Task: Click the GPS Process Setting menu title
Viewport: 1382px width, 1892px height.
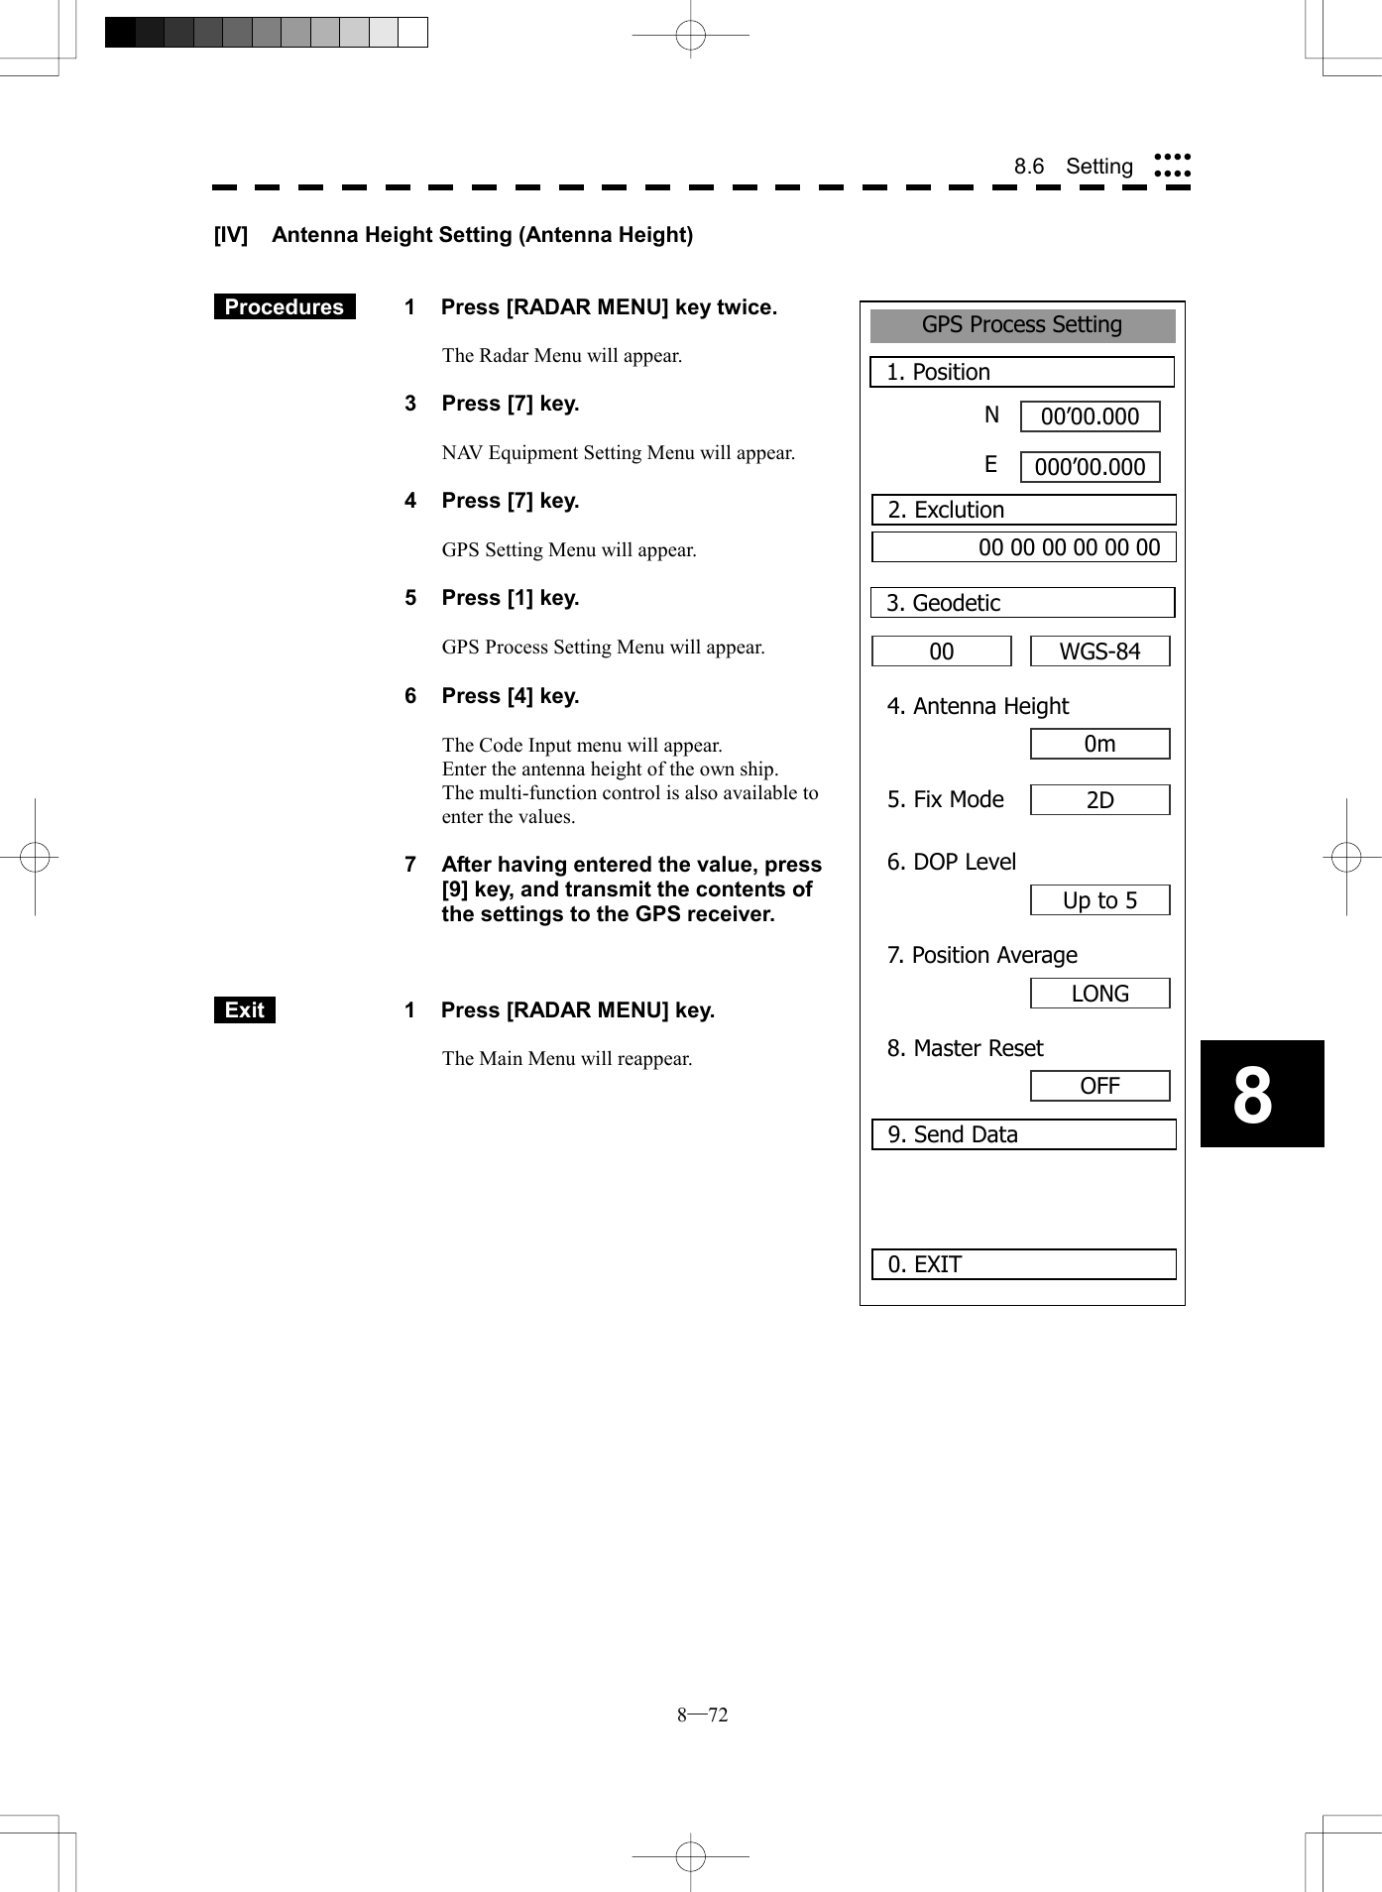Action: (x=1022, y=325)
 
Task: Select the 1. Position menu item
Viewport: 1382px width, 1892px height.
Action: (x=1021, y=372)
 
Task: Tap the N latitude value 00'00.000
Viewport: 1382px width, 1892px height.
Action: (x=1090, y=416)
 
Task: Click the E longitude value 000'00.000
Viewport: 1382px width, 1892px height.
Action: (x=1090, y=467)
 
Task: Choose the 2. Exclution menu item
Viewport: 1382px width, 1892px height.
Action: (x=1023, y=510)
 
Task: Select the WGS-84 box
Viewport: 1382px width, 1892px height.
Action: (x=1099, y=651)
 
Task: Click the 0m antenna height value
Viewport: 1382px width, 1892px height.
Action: (x=1099, y=744)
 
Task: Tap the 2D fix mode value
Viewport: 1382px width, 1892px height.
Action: (x=1099, y=800)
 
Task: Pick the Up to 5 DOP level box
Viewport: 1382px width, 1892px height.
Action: (x=1099, y=900)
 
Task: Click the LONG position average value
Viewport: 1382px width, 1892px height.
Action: (x=1099, y=994)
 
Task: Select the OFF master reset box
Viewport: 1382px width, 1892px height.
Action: (x=1099, y=1086)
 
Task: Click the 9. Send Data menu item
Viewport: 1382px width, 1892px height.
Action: (x=1023, y=1134)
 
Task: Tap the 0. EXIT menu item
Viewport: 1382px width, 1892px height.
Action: (x=1023, y=1264)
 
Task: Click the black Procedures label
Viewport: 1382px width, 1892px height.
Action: (x=285, y=307)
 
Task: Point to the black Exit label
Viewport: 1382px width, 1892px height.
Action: (x=244, y=1010)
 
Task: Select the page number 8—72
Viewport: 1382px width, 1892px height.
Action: (x=702, y=1715)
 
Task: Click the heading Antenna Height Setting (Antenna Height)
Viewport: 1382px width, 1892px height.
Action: (x=482, y=235)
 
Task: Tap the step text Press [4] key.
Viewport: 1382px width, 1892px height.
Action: (x=510, y=696)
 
